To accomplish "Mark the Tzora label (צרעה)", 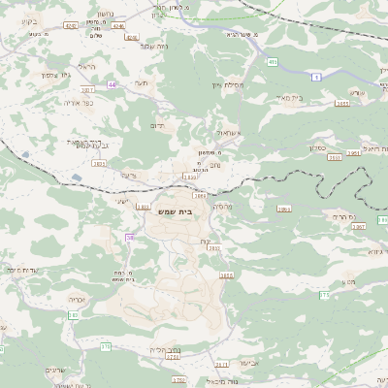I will click(x=128, y=175).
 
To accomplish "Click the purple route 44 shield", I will click(x=112, y=84).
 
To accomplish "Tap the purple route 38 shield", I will click(x=129, y=237).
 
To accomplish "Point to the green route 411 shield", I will click(x=274, y=62).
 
